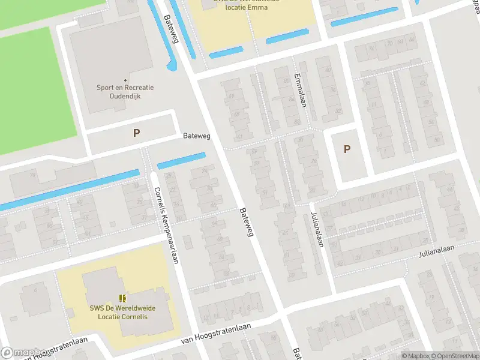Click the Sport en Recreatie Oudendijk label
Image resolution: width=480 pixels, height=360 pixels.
pos(125,91)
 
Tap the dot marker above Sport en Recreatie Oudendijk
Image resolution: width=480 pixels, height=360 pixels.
pos(125,80)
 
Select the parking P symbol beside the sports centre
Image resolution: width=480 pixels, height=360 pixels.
pos(137,133)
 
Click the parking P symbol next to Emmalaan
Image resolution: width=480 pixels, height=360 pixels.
pos(347,149)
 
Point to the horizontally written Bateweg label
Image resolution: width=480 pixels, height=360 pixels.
pos(197,137)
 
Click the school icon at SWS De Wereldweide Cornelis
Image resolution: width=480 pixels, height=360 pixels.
pos(122,298)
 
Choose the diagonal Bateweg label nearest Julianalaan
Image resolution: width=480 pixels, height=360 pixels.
pos(247,222)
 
